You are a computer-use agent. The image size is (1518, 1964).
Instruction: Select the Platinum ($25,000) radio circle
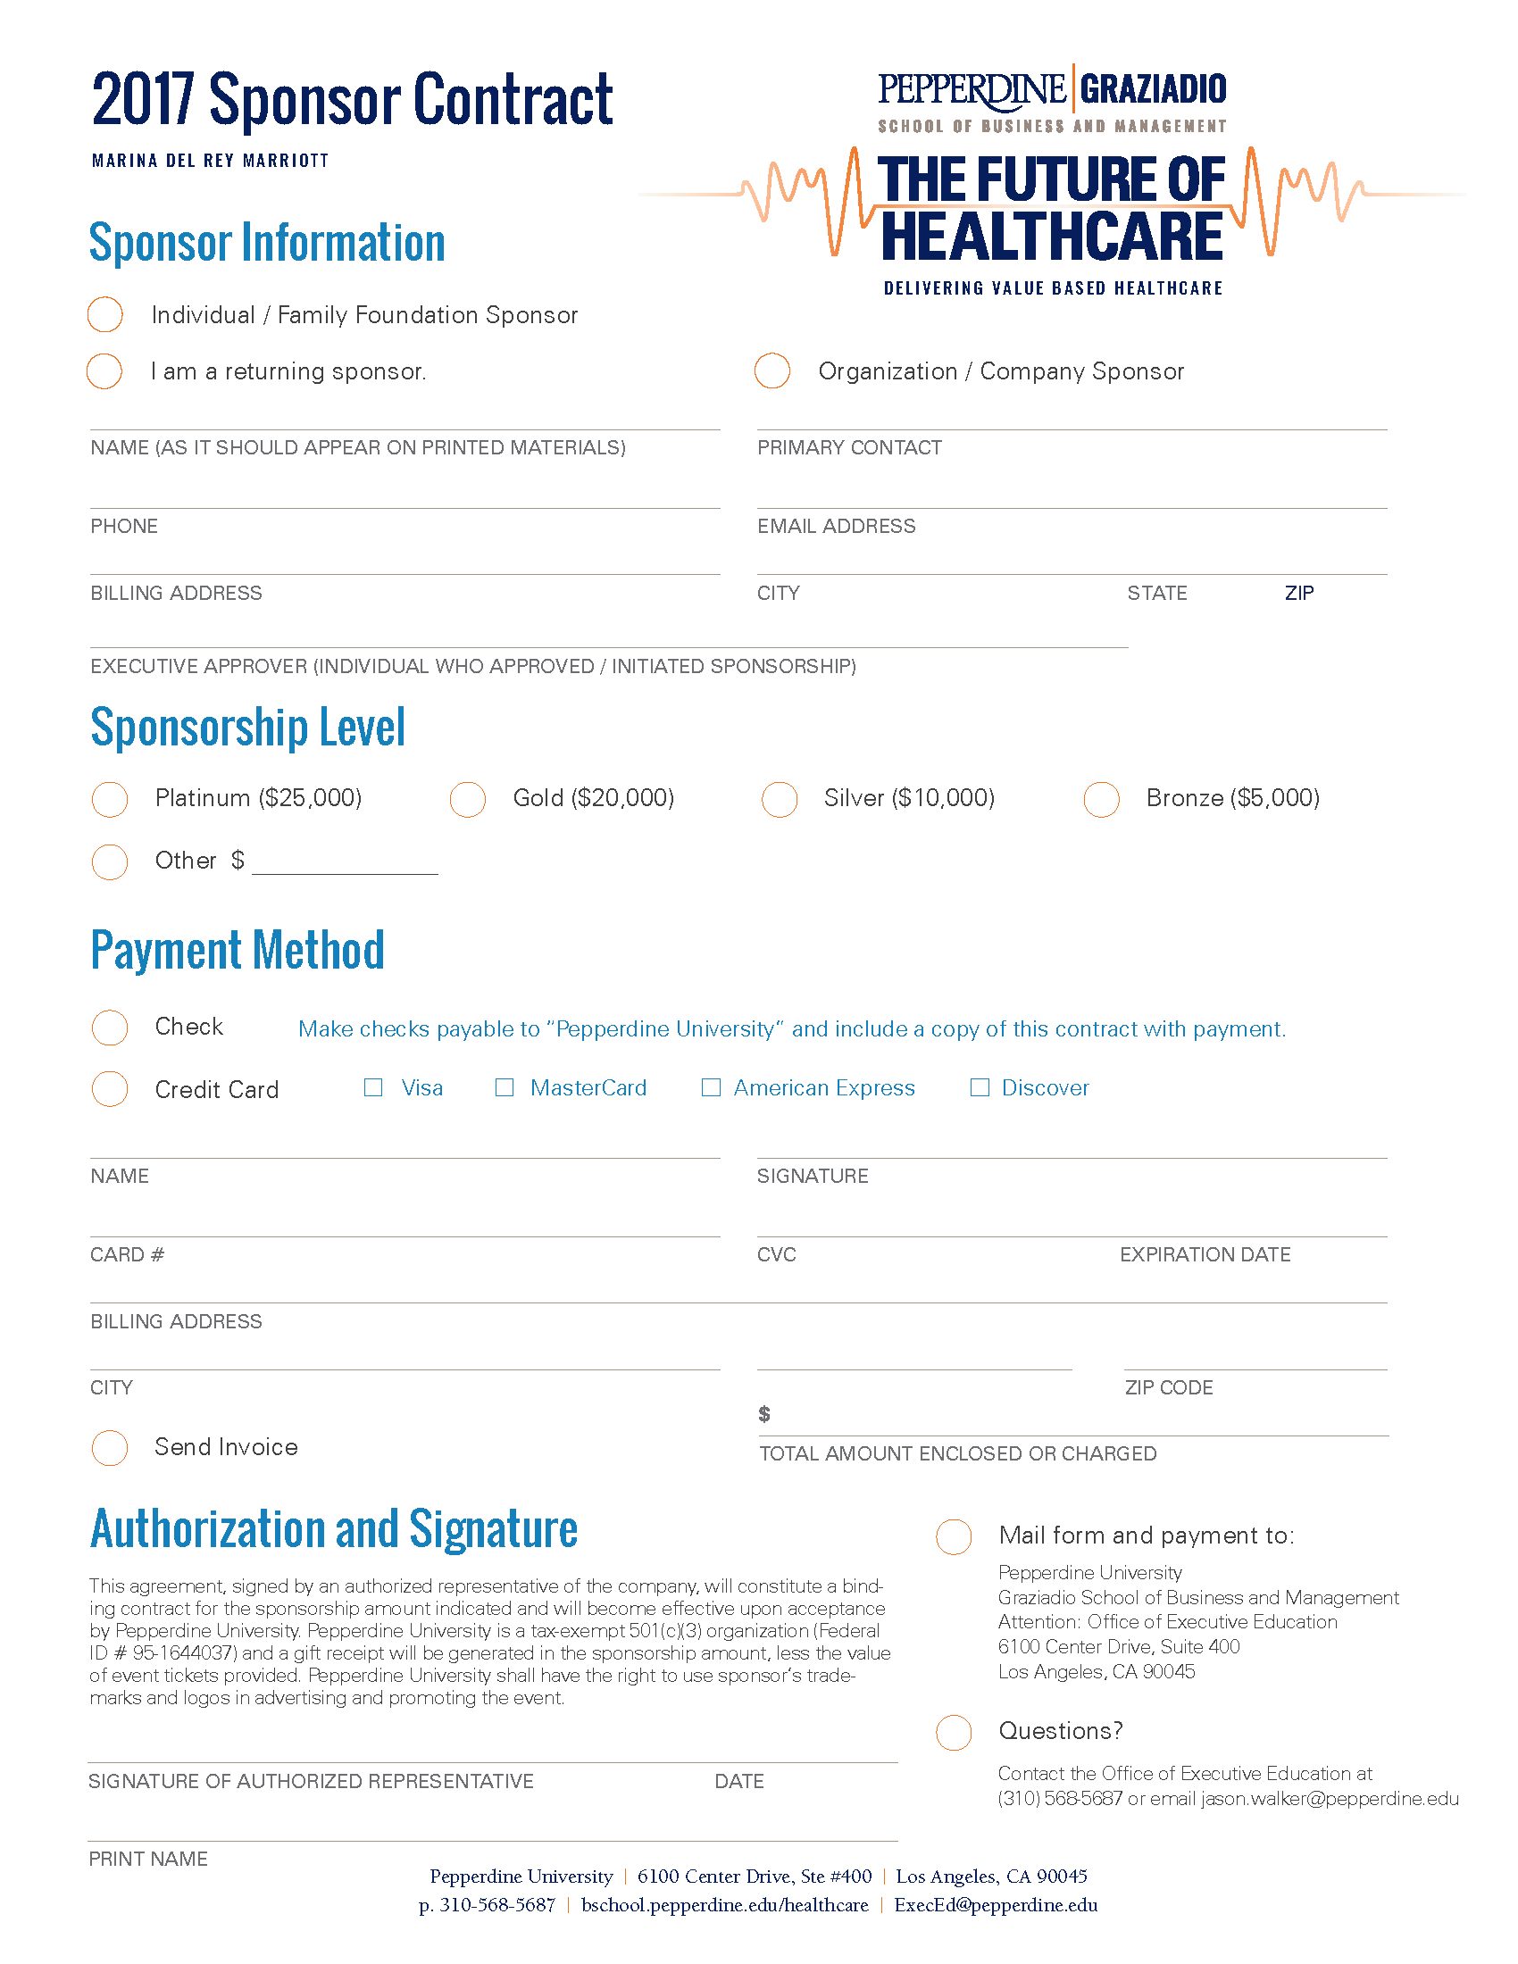point(110,799)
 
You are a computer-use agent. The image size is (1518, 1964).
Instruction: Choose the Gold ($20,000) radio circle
point(468,799)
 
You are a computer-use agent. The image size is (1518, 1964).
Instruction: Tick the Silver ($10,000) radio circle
point(780,799)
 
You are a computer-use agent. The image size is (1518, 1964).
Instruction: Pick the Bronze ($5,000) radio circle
point(1102,799)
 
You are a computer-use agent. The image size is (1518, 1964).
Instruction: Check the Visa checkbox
point(373,1087)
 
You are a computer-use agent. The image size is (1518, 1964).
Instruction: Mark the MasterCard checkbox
point(505,1087)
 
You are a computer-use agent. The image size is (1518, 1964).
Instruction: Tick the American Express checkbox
point(711,1087)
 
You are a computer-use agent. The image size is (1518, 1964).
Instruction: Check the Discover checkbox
point(980,1087)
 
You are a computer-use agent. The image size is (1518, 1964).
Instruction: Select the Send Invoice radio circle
point(110,1447)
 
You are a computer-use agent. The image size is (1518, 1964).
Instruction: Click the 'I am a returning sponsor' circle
point(104,370)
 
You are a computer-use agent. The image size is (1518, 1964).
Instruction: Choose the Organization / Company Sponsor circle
point(772,370)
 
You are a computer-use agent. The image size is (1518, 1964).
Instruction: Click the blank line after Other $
point(345,865)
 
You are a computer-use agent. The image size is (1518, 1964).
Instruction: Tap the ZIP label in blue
point(1298,594)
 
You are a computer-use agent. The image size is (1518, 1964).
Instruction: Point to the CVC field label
point(776,1254)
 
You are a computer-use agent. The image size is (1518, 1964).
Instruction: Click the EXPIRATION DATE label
point(1205,1254)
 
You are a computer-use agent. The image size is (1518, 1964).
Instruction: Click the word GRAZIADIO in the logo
point(1153,89)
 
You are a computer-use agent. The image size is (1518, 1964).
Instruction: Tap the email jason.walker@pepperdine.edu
point(1330,1799)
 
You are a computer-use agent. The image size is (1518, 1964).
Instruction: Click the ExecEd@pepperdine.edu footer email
point(996,1905)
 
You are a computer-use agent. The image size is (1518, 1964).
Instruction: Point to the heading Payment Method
point(238,950)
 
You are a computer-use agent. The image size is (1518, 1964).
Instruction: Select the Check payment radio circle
point(110,1027)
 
